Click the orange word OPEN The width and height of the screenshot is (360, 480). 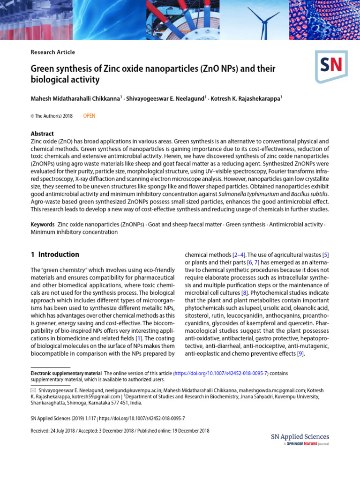89,116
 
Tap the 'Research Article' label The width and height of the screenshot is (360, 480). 52,52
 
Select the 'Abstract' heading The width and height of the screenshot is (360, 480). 42,134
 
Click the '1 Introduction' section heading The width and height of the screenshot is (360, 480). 55,255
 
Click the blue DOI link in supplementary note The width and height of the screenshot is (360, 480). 220,373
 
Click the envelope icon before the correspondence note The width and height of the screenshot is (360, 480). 33,390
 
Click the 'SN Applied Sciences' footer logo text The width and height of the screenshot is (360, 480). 300,437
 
